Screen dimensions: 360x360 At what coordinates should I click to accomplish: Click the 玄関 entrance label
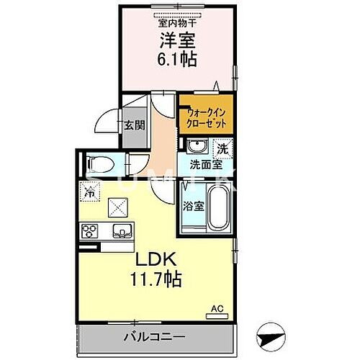(134, 125)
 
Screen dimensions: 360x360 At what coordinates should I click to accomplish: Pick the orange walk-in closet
(206, 117)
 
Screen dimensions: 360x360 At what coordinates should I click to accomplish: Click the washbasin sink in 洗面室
(195, 148)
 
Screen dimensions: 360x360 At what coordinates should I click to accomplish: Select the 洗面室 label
(205, 164)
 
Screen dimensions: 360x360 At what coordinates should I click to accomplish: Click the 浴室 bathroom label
(191, 204)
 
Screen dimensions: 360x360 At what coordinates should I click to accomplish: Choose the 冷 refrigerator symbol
(90, 192)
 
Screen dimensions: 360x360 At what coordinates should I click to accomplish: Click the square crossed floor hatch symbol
(117, 207)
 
